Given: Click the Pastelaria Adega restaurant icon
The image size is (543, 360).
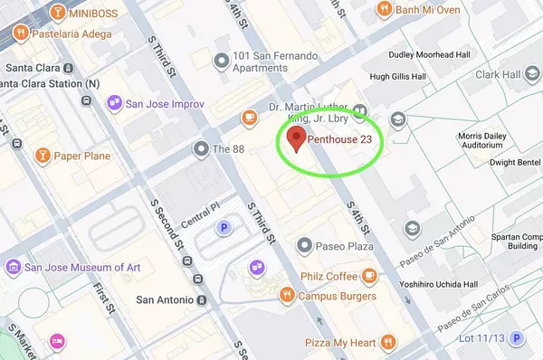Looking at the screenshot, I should (19, 33).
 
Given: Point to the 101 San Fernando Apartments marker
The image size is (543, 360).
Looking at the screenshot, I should (218, 61).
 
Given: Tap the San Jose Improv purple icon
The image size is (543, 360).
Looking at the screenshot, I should (115, 102).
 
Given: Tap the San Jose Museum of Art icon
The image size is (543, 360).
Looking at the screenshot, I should (13, 267).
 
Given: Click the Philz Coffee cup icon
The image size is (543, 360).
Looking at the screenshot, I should (369, 275).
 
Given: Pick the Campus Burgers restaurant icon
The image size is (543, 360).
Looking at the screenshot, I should (287, 294).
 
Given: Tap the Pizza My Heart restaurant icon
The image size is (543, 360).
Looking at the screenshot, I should (387, 343).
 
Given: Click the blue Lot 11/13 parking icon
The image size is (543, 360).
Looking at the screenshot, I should (517, 339).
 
